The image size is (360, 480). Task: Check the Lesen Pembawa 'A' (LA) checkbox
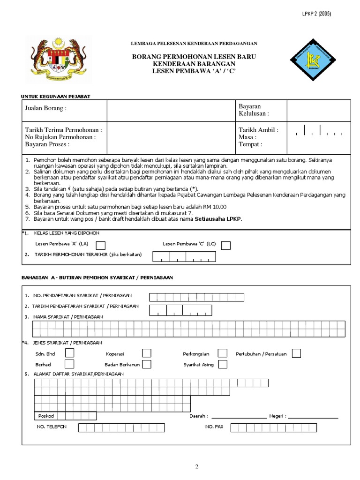click(x=101, y=245)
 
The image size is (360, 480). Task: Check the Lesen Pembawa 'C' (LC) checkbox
click(x=226, y=245)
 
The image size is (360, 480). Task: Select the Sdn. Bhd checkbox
click(x=69, y=353)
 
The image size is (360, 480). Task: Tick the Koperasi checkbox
click(x=147, y=353)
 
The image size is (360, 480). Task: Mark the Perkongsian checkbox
click(x=223, y=353)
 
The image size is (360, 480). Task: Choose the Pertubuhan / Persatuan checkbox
click(x=296, y=353)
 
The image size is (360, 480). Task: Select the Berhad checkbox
click(x=69, y=364)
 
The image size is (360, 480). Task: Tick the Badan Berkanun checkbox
click(x=147, y=364)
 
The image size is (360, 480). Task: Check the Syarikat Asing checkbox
click(x=223, y=364)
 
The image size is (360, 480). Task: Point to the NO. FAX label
click(x=214, y=427)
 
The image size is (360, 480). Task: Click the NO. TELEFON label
click(x=52, y=427)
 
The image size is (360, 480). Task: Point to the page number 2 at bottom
click(x=197, y=466)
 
